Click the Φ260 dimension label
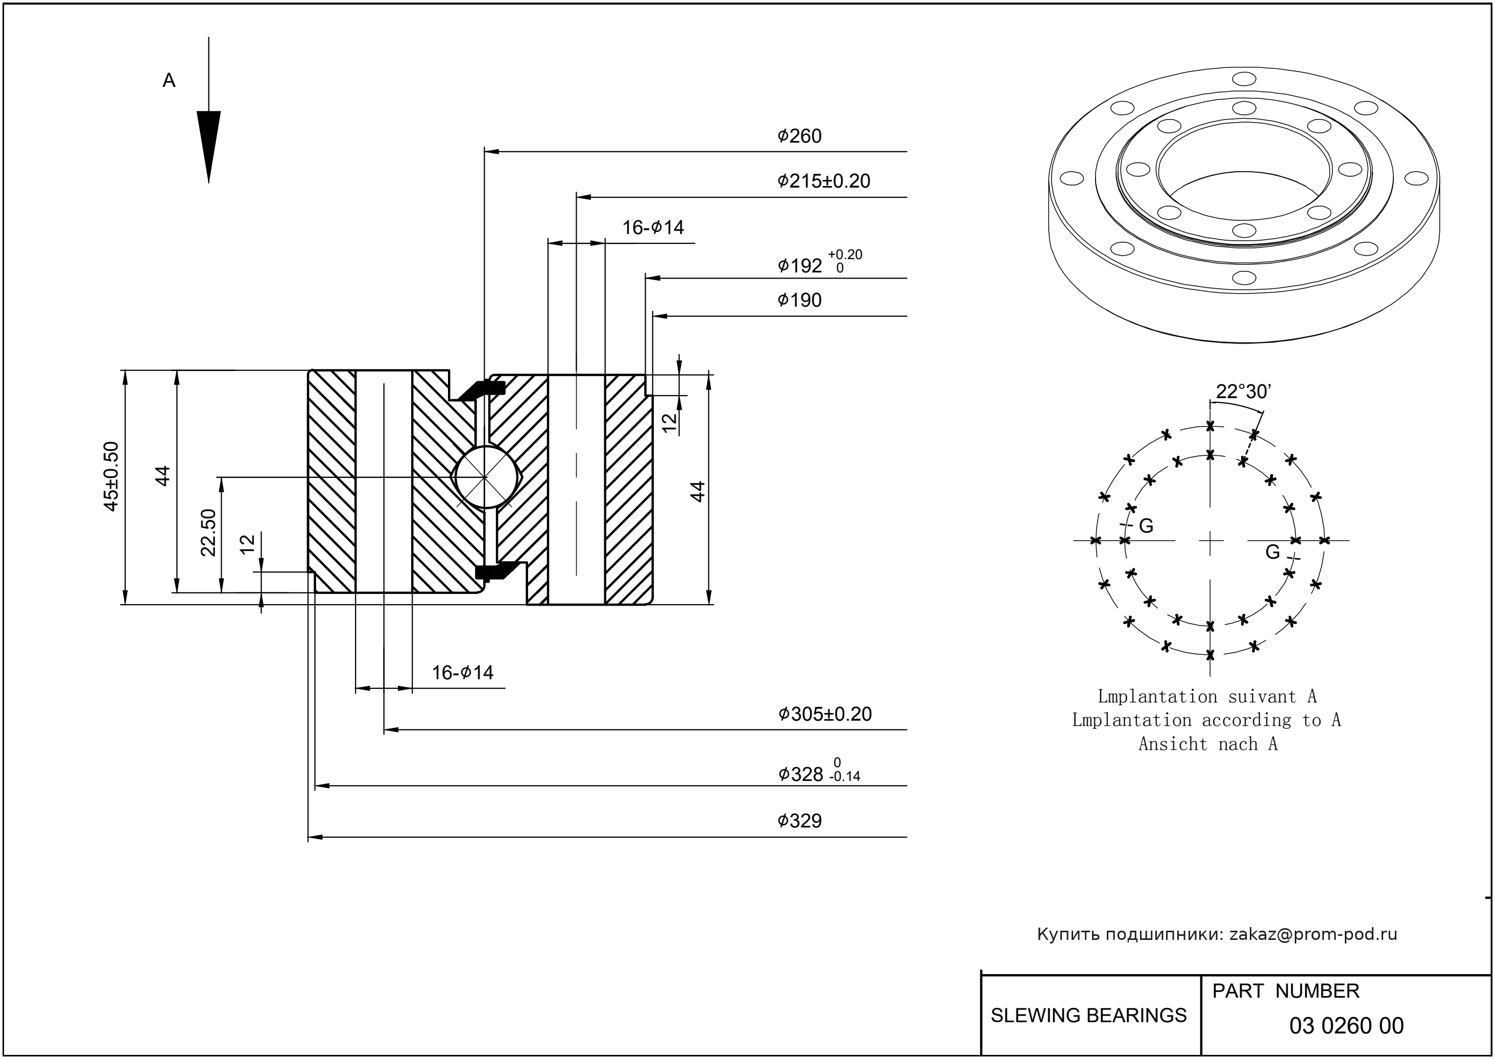click(800, 136)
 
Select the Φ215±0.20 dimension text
click(824, 181)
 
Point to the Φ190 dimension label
click(800, 301)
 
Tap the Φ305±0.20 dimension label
click(825, 714)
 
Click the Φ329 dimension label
click(800, 821)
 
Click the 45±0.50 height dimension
click(111, 477)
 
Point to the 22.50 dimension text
click(208, 533)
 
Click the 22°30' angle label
click(1243, 392)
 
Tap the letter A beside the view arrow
click(169, 81)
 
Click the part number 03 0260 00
click(1346, 1026)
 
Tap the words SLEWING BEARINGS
click(1088, 1016)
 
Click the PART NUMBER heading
click(1285, 991)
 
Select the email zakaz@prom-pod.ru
click(1313, 934)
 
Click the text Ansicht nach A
click(1207, 744)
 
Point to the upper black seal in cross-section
click(482, 389)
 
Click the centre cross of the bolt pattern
click(1210, 541)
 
